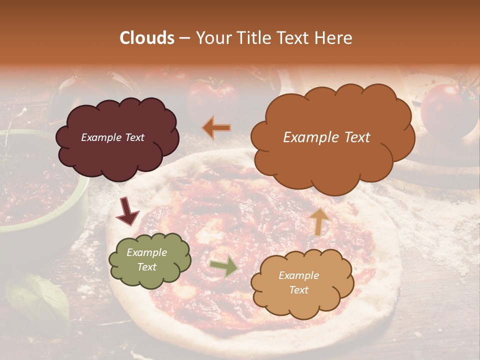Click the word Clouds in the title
pos(147,38)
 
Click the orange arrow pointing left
pos(216,127)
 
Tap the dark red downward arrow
pos(128,212)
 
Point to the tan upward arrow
pos(318,221)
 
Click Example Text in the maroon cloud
pos(112,137)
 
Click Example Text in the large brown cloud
pos(326,137)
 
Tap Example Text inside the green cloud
pos(146,260)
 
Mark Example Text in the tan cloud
pos(298,282)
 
